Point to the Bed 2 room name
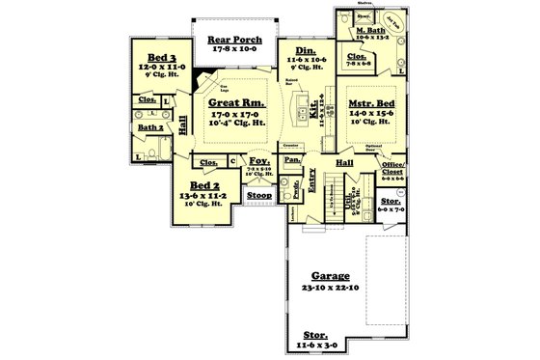(x=204, y=184)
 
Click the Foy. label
(x=258, y=161)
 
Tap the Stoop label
(x=259, y=195)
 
